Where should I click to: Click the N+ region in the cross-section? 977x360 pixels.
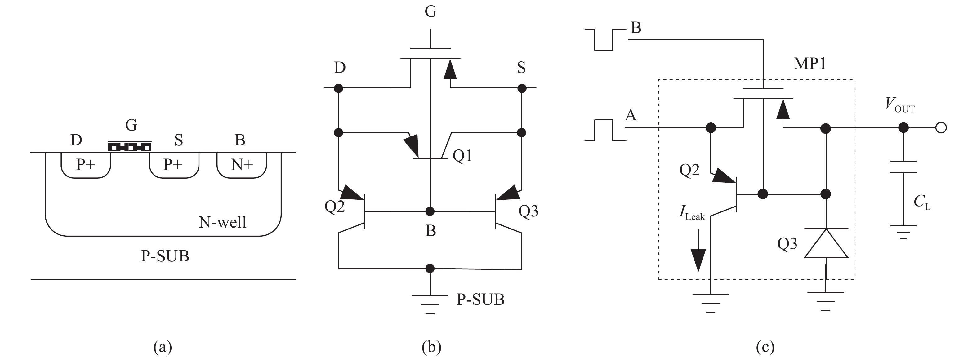(242, 165)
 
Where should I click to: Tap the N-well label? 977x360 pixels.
(223, 222)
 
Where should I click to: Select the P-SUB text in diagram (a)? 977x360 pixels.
(165, 256)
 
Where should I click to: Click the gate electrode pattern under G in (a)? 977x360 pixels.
(130, 147)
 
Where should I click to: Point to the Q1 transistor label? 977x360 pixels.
(462, 156)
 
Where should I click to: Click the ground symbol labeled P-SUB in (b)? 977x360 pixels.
(430, 304)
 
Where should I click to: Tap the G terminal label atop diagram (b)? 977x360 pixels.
(431, 11)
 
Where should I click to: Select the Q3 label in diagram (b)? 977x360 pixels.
(528, 211)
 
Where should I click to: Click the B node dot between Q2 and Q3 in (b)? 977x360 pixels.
(430, 211)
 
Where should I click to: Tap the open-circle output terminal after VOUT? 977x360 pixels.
(941, 128)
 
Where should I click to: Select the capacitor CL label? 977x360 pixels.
(921, 202)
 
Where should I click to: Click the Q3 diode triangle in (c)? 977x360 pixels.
(826, 245)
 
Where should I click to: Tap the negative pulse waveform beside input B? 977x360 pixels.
(604, 39)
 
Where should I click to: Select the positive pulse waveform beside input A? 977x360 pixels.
(604, 131)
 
